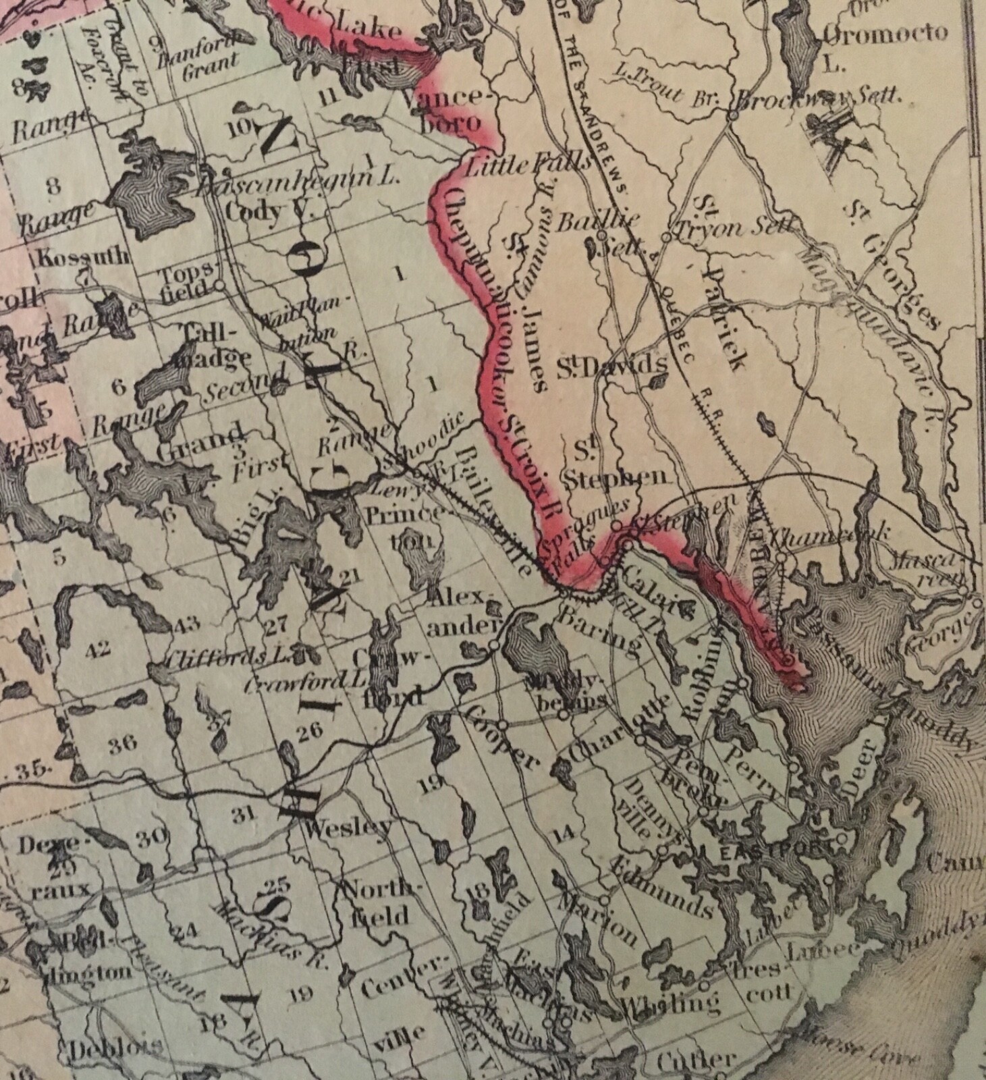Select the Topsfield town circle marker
(x=219, y=286)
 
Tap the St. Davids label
(x=611, y=367)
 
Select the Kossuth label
(x=84, y=256)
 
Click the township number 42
(x=99, y=649)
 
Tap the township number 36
(x=123, y=742)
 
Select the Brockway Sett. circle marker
(x=732, y=115)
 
